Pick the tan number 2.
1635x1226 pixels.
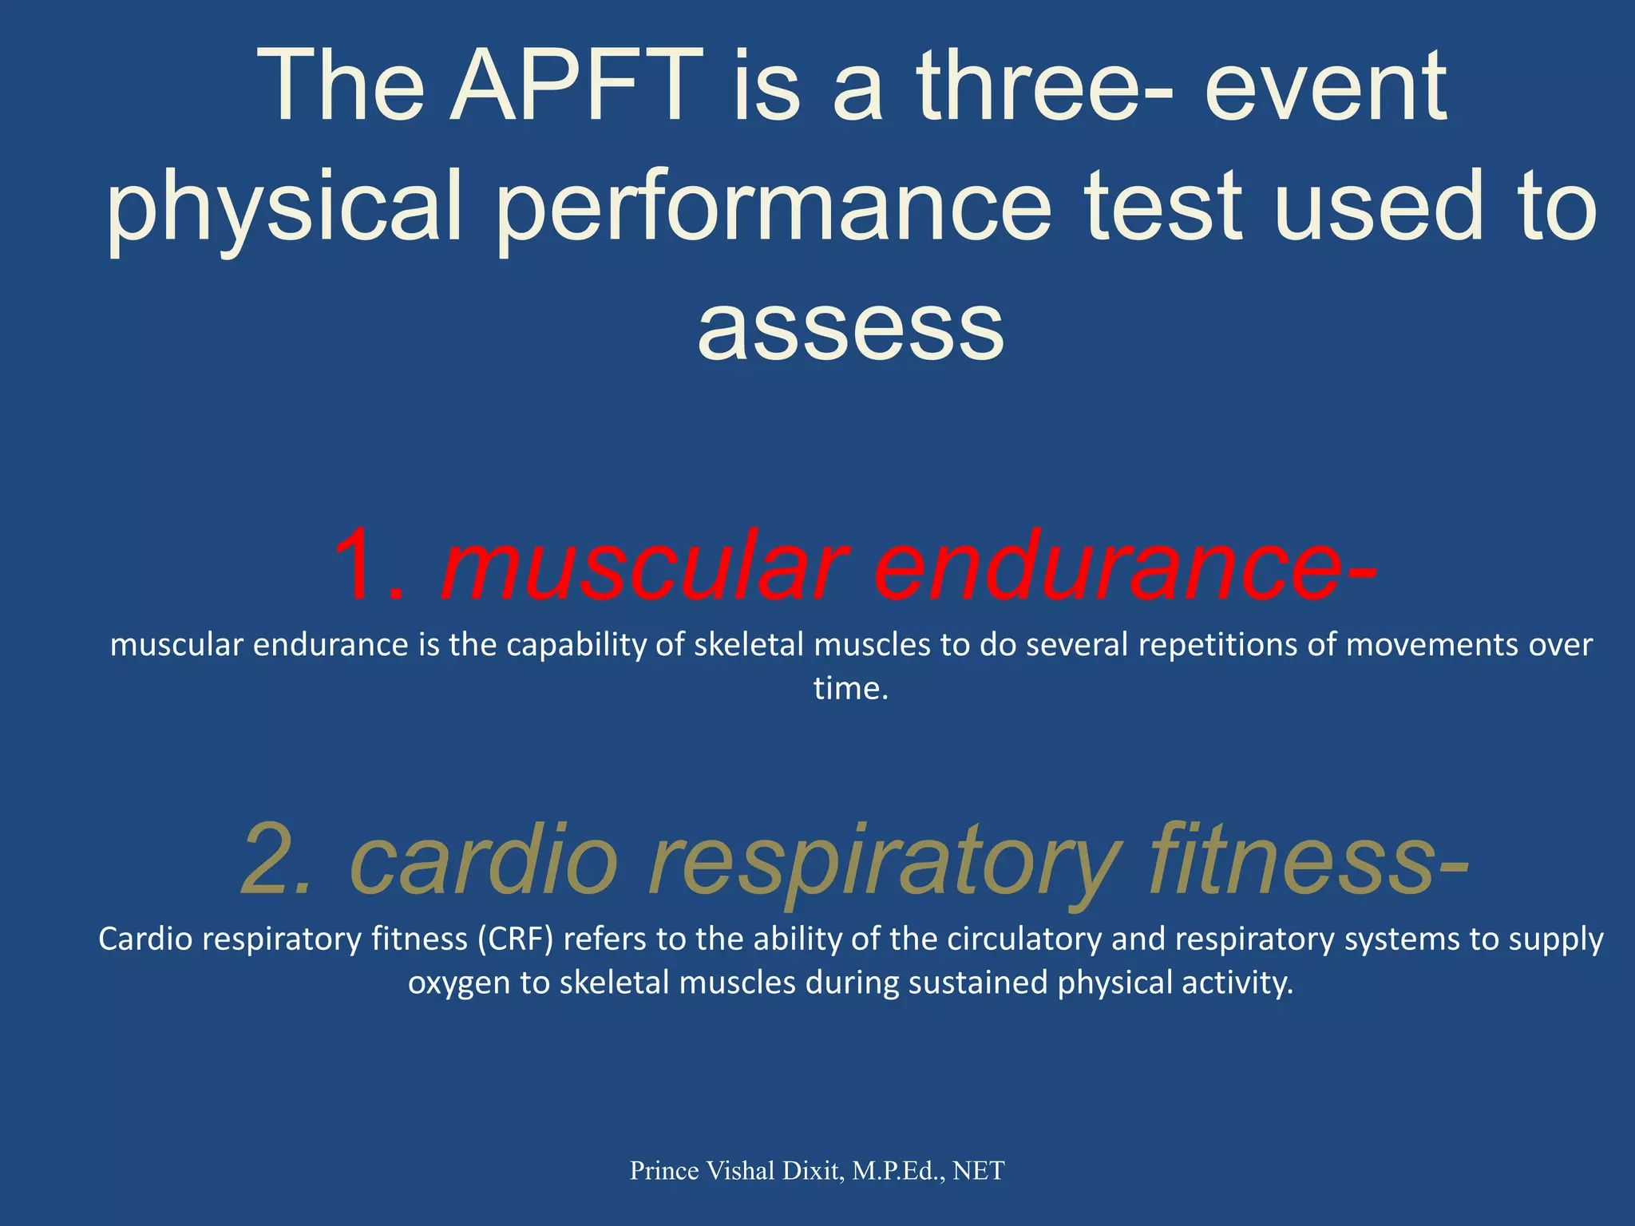point(275,860)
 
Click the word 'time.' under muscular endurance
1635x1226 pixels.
point(850,688)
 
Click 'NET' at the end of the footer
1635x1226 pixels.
point(979,1171)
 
